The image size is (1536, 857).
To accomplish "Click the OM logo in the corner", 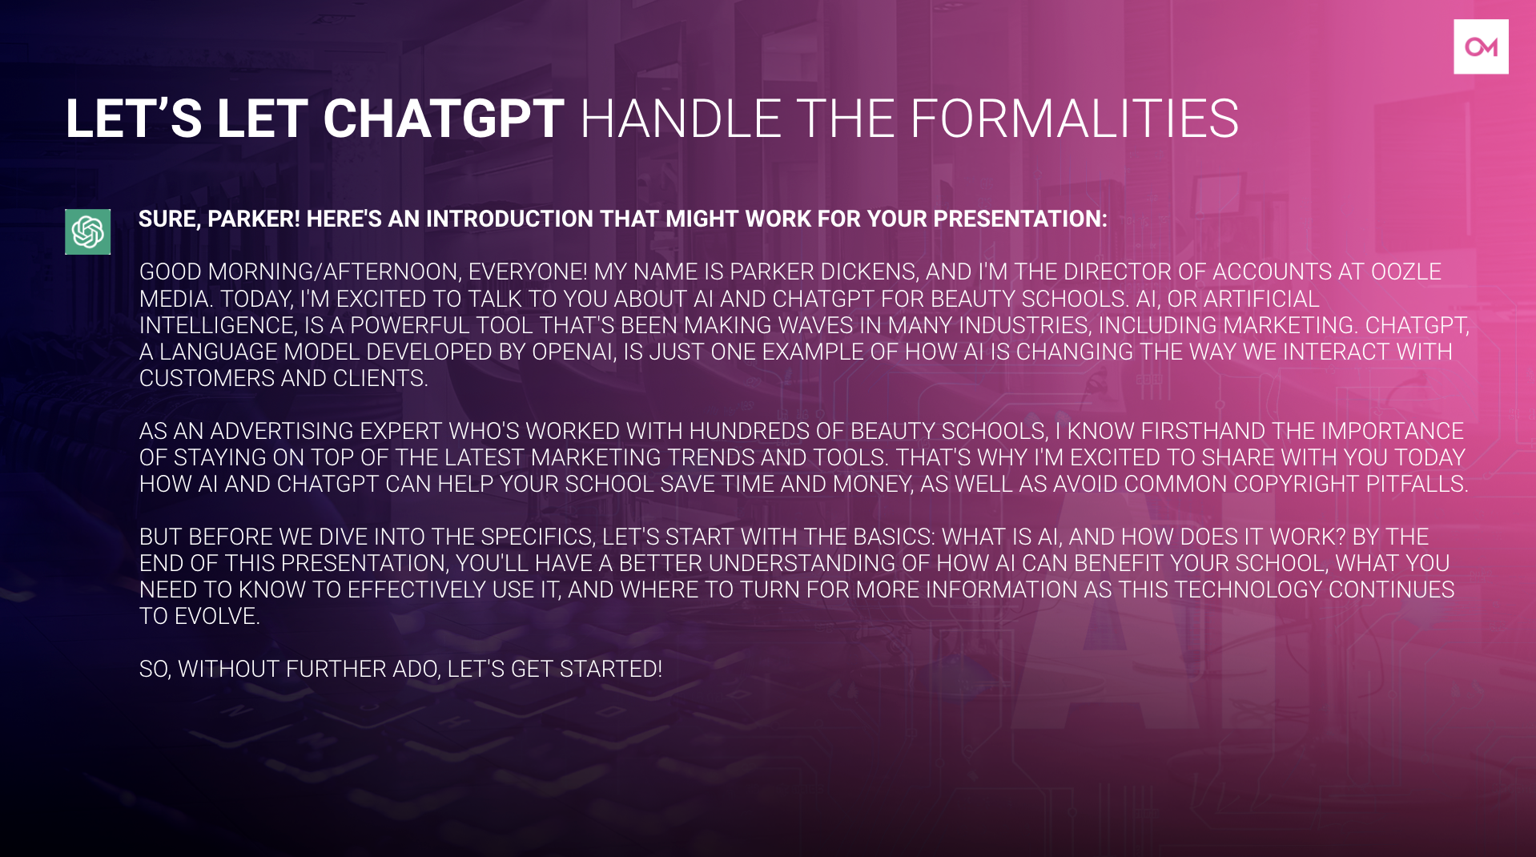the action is (x=1481, y=46).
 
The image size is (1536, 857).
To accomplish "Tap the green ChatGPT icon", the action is (x=88, y=231).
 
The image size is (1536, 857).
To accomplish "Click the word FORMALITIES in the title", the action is (x=1074, y=119).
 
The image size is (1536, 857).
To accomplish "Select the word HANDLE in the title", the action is (x=680, y=119).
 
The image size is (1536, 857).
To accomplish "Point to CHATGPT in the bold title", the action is (x=444, y=119).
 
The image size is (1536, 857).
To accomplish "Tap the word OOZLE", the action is (x=1406, y=272).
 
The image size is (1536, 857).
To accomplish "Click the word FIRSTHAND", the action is (x=1203, y=432).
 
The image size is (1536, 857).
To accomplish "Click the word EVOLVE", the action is (x=217, y=617).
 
